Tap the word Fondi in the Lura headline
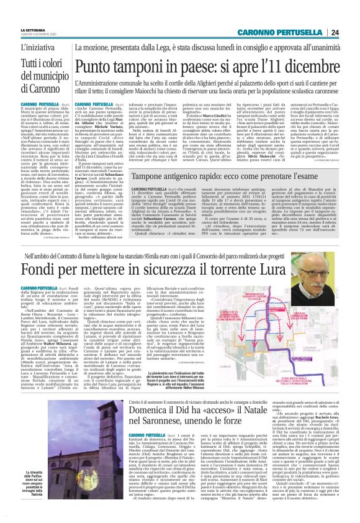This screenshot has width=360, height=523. point(44,254)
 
